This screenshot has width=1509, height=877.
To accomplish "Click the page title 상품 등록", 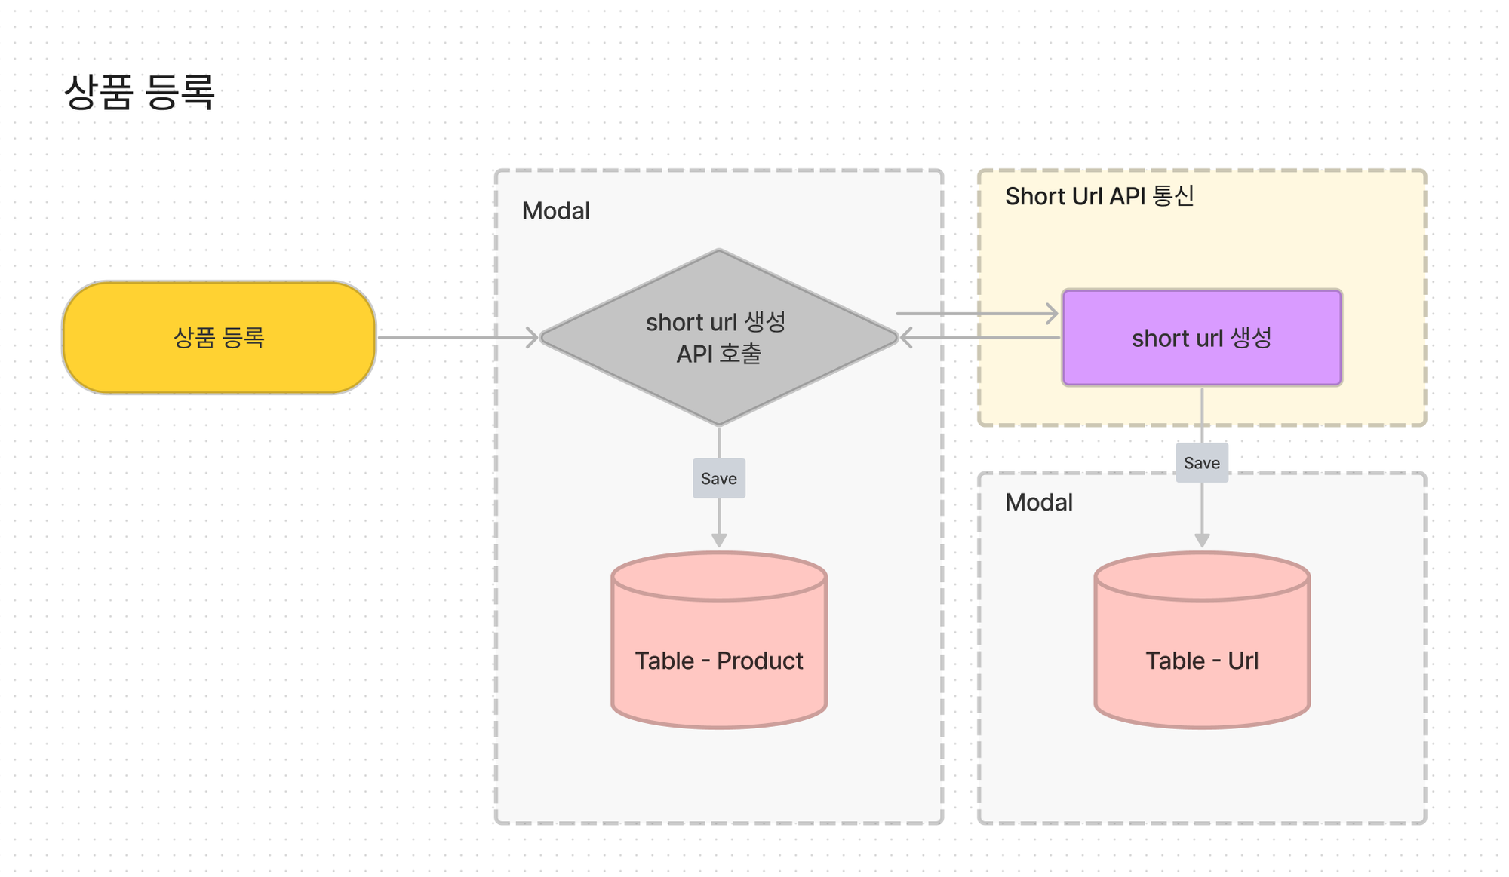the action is (140, 93).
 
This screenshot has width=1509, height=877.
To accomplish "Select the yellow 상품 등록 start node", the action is (219, 337).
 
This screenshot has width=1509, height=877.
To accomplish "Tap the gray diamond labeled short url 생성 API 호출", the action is (719, 337).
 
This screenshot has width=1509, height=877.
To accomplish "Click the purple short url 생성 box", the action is (1202, 337).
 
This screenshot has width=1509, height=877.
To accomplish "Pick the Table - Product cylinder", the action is (719, 639).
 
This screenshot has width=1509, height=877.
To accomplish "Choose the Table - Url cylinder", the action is (1202, 639).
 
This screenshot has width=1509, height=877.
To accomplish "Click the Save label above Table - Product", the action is (719, 478).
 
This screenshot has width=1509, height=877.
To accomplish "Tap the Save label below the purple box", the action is (1202, 462).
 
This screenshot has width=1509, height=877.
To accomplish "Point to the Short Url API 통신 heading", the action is (1099, 196).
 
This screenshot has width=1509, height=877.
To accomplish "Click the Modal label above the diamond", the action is (556, 211).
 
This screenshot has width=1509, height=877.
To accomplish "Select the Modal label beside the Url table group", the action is (1039, 502).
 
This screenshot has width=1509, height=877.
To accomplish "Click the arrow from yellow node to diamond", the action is (458, 337).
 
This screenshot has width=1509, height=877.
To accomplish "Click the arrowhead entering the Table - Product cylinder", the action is (719, 541).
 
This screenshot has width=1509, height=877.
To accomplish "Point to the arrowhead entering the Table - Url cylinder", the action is (1202, 541).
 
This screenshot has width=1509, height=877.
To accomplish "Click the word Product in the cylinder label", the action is (760, 661).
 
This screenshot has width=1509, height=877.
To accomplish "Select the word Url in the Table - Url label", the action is (1243, 661).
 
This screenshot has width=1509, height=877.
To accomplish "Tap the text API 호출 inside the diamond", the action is (719, 354).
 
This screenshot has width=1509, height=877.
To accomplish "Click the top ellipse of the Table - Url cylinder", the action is (1202, 577).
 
